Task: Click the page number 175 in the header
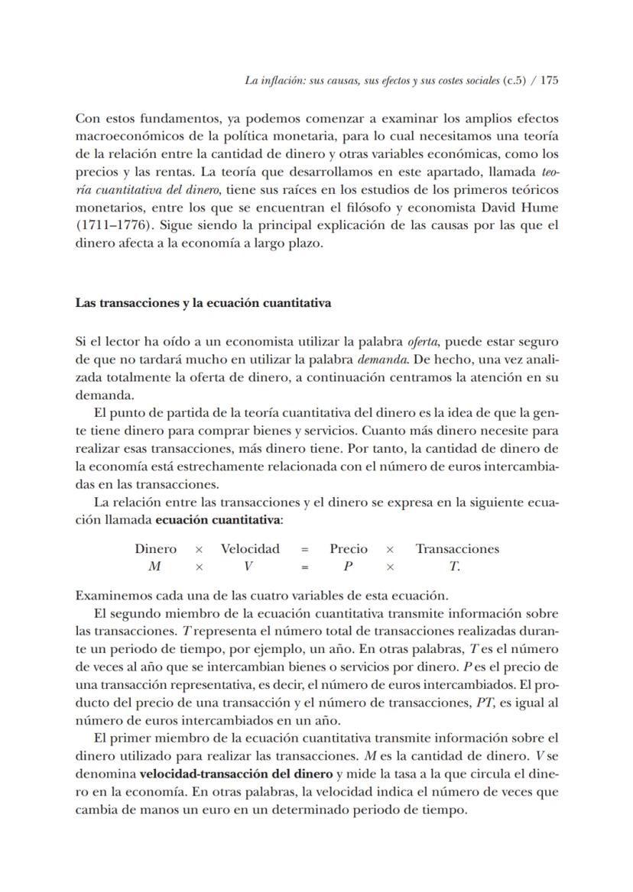coord(549,79)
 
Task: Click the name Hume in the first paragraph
coord(541,208)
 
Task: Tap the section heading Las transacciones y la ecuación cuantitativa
coord(203,303)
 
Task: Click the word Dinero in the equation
coord(155,549)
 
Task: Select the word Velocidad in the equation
coord(250,549)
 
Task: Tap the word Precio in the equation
coord(349,549)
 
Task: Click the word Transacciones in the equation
coord(457,549)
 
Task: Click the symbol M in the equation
coord(154,567)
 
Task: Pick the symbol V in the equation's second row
coord(248,567)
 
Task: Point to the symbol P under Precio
coord(348,567)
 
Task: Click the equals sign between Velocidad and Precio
coord(304,549)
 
